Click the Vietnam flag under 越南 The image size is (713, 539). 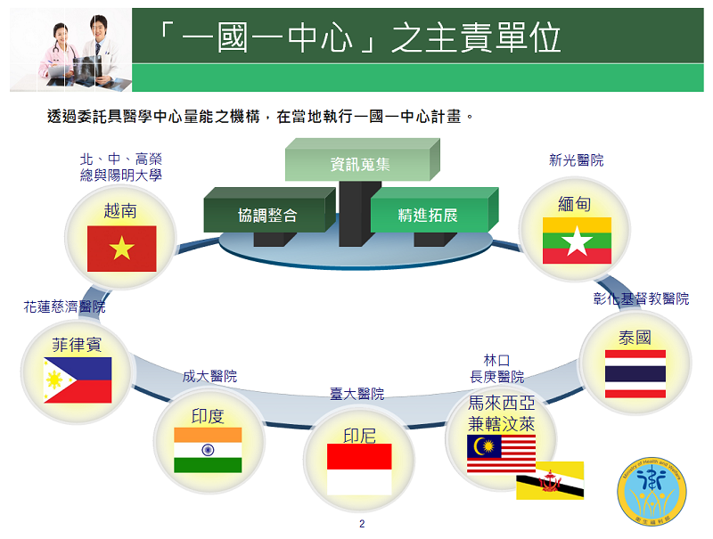pos(121,249)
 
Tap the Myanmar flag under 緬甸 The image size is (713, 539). pos(577,241)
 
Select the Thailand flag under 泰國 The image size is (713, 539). pos(635,373)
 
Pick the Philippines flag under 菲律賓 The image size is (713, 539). pos(78,380)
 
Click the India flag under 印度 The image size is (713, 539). pos(208,450)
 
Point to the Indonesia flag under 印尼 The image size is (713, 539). pos(359,469)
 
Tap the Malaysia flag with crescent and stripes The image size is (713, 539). pos(501,454)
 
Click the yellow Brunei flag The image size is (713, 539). pos(550,480)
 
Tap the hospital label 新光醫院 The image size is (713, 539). pos(576,160)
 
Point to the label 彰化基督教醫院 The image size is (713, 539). pos(641,298)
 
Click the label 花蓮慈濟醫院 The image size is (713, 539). pos(64,306)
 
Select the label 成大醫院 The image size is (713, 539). pos(209,377)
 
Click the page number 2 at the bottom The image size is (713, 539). pos(362,523)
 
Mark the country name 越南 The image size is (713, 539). pos(121,210)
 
